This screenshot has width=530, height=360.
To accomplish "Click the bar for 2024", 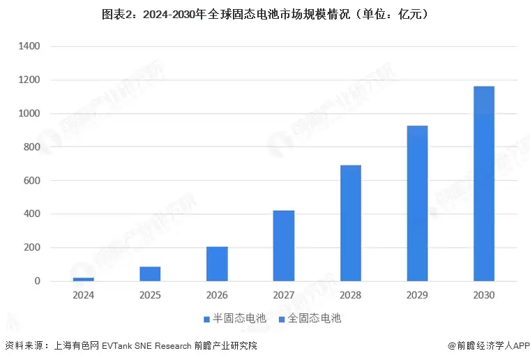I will click(x=83, y=279).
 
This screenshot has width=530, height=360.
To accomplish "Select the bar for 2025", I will click(x=150, y=273).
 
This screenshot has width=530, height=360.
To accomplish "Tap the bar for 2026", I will click(x=217, y=264).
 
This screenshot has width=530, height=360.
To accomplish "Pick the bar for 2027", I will click(x=283, y=246).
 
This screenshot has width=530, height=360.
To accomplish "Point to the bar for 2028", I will click(x=350, y=223).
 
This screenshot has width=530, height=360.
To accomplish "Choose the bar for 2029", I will click(x=417, y=203).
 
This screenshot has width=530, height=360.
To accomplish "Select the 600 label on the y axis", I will click(x=32, y=181).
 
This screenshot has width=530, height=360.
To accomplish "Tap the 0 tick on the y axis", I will click(x=37, y=281).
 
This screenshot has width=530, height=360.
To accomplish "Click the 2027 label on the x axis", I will click(x=283, y=295).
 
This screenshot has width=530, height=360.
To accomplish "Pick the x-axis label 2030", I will click(x=483, y=295).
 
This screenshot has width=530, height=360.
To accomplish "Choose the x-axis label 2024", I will click(x=83, y=295).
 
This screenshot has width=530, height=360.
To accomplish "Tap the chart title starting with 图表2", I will click(x=265, y=13).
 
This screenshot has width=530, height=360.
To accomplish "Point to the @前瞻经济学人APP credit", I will click(x=489, y=345).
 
